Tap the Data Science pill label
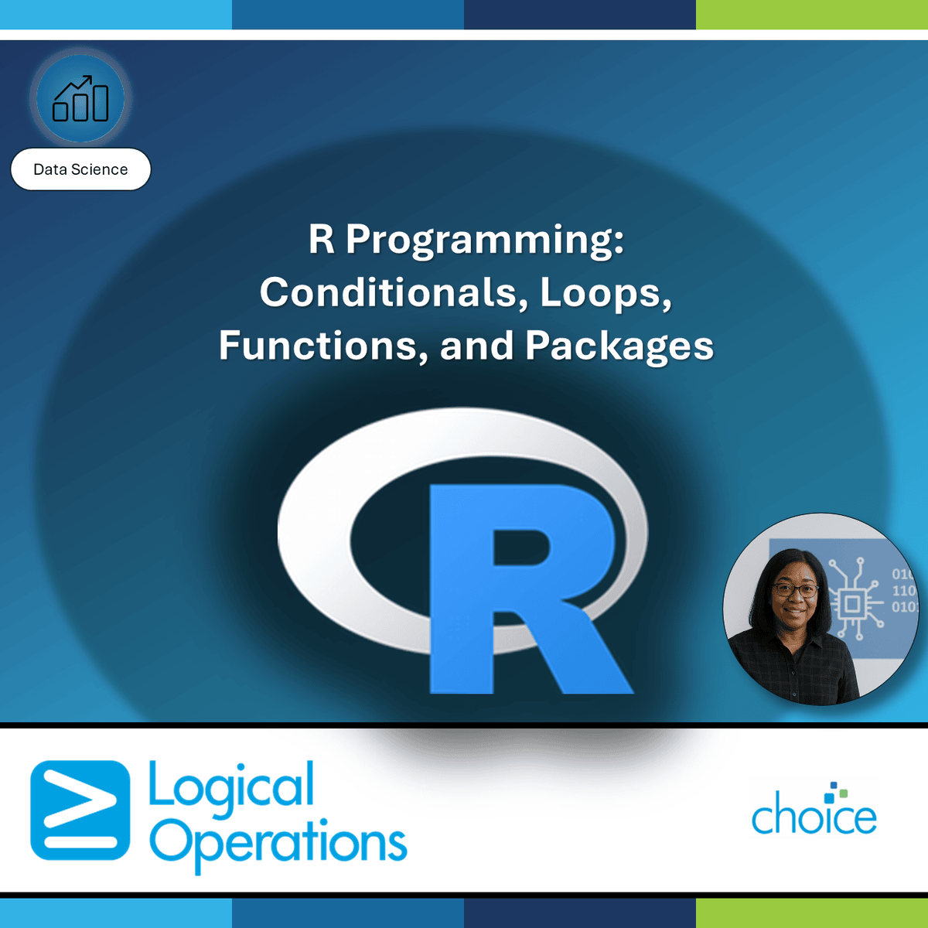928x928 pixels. (x=80, y=169)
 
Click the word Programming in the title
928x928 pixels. (x=485, y=239)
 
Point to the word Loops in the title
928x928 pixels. (x=606, y=292)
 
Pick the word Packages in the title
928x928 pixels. (x=619, y=346)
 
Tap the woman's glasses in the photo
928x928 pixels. (x=795, y=590)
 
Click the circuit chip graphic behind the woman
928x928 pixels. (x=853, y=602)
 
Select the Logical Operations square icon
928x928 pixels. (x=80, y=810)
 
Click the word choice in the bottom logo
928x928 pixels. (x=814, y=817)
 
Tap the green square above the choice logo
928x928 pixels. (x=843, y=793)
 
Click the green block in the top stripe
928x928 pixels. (x=812, y=15)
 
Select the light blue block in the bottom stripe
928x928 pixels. (x=116, y=913)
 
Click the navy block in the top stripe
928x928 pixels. (x=580, y=15)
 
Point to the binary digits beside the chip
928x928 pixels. (x=903, y=590)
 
